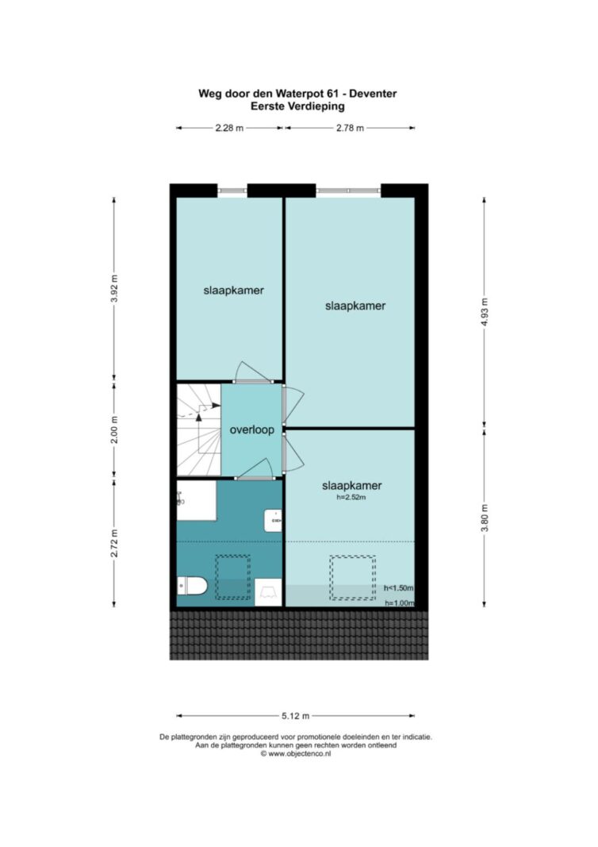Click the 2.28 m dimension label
(x=229, y=128)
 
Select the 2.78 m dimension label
(x=350, y=128)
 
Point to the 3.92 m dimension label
(x=114, y=290)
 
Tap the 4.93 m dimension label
(x=484, y=312)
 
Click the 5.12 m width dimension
(x=295, y=716)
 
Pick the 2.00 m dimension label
(x=114, y=430)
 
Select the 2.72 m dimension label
(x=114, y=544)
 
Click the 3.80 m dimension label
(x=484, y=518)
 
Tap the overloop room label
(x=252, y=430)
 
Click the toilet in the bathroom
(x=192, y=586)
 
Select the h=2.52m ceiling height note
(x=351, y=497)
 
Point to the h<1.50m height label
(x=398, y=587)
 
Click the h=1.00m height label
(x=400, y=603)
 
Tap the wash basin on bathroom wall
(x=274, y=520)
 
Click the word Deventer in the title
(x=373, y=94)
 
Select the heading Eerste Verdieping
(x=297, y=106)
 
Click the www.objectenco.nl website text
(x=295, y=753)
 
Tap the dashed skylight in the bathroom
(x=233, y=577)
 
